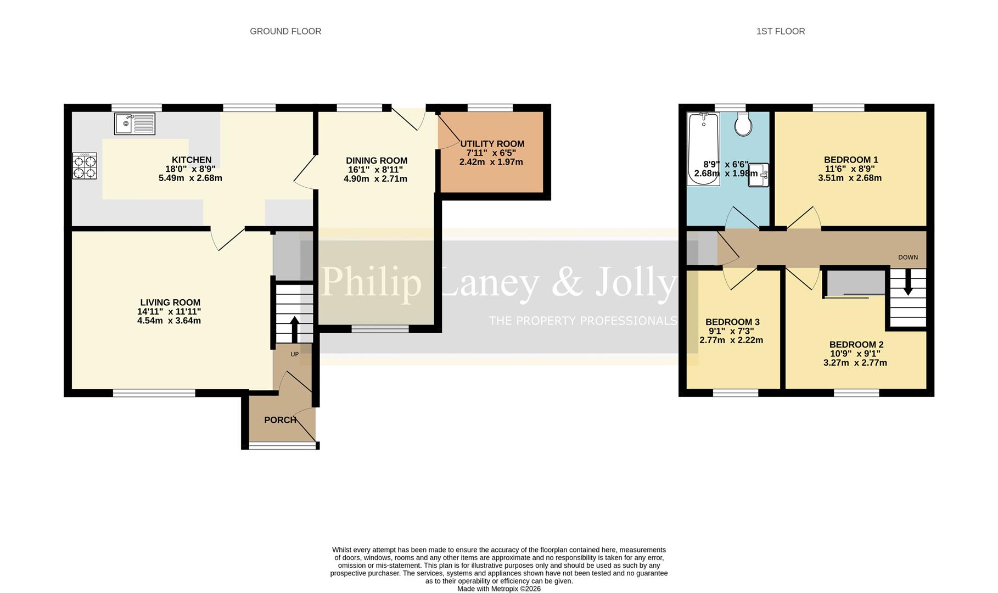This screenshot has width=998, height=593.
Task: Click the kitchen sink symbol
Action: [134, 124]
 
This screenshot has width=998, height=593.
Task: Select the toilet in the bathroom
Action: [744, 125]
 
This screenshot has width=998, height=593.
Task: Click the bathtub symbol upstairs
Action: [703, 148]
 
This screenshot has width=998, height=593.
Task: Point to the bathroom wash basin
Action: [758, 175]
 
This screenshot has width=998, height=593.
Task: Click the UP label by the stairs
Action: [295, 354]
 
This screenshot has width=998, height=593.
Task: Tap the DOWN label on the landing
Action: [907, 257]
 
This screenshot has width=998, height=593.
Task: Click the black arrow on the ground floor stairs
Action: [294, 328]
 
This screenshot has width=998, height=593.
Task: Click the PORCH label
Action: [280, 420]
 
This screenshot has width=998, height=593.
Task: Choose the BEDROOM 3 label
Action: [732, 322]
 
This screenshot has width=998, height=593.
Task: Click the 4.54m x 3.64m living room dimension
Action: [169, 321]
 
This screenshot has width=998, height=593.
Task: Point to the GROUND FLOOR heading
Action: [285, 31]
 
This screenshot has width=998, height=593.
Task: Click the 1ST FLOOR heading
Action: [780, 31]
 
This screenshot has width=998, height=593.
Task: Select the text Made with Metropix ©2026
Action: [499, 589]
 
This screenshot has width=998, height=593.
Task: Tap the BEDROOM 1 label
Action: [851, 160]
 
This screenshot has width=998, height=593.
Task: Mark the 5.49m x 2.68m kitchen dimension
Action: [190, 178]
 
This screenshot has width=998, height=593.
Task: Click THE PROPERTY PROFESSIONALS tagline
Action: [582, 321]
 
